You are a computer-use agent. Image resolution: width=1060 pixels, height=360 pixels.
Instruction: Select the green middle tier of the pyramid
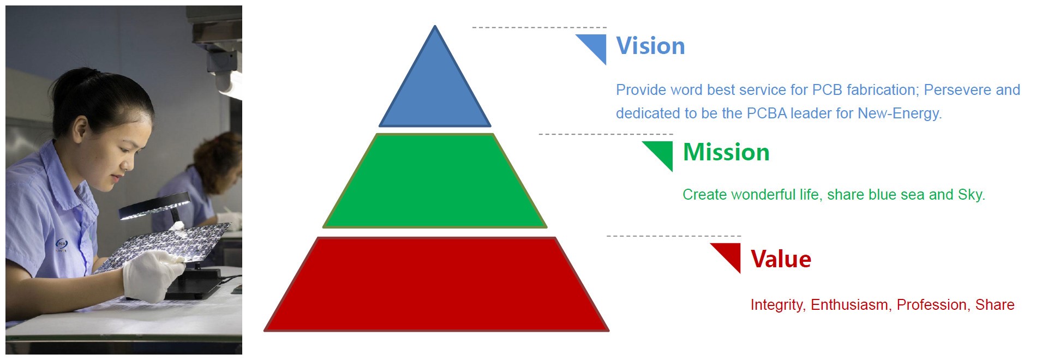click(435, 181)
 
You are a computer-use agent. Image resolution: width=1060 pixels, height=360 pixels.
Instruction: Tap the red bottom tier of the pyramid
click(436, 284)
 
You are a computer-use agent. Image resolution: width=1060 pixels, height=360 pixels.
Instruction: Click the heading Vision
click(650, 46)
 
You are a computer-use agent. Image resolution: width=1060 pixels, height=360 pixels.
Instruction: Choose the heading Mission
click(726, 152)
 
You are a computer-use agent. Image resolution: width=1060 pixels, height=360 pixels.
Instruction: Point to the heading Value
click(781, 259)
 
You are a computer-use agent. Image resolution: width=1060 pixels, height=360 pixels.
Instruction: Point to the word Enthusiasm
click(849, 305)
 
